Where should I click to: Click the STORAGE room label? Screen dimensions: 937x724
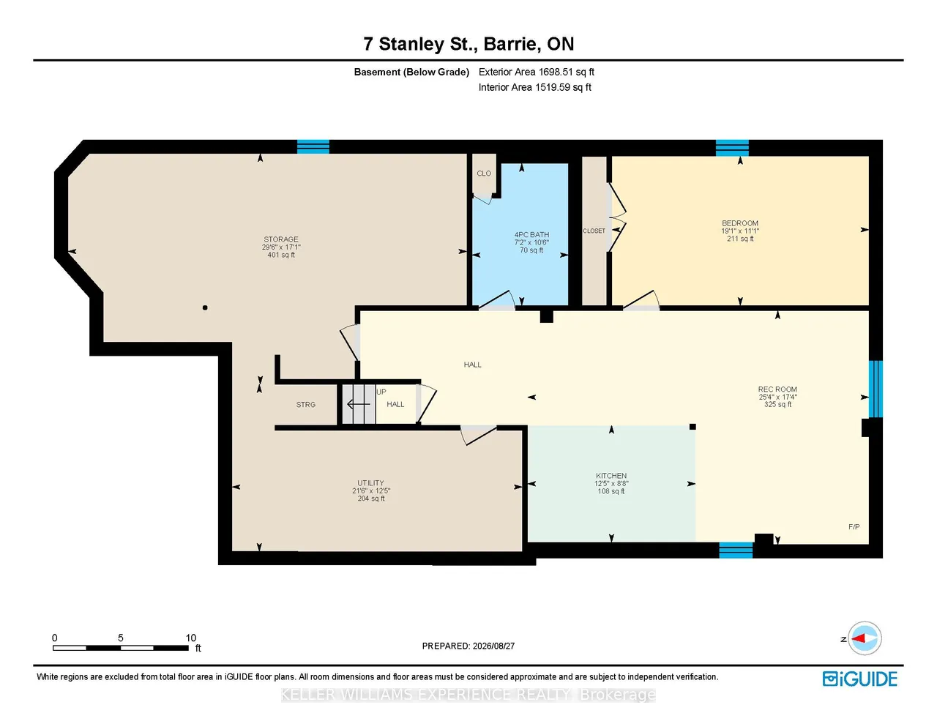(x=280, y=239)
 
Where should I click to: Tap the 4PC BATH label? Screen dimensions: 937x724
(x=531, y=234)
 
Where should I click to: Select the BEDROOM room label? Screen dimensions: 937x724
(x=740, y=223)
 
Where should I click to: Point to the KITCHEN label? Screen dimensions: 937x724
(x=611, y=476)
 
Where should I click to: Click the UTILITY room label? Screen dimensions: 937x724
(x=370, y=483)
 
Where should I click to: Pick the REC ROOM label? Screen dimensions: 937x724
(x=777, y=389)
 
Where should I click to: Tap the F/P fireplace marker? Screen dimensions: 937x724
(x=854, y=526)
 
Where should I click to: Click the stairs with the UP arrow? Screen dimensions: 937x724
(x=359, y=404)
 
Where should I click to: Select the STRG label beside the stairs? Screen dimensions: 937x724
(x=306, y=405)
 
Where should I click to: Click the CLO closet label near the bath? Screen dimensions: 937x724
(x=484, y=173)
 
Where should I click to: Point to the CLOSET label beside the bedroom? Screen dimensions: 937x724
(x=594, y=231)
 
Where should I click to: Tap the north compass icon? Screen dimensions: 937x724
(x=864, y=638)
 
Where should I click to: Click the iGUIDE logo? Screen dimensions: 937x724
(x=860, y=679)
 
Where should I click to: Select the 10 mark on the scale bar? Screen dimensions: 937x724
(x=190, y=638)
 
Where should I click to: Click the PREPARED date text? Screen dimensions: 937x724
(x=468, y=646)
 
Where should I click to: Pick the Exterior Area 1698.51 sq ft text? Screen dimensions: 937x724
(x=537, y=72)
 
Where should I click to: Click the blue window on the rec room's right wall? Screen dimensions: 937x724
(x=876, y=389)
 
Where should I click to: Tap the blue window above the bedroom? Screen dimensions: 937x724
(x=732, y=148)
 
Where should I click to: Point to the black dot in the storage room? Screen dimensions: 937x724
(x=205, y=307)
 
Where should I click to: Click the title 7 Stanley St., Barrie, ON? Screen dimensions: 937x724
(x=468, y=44)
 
